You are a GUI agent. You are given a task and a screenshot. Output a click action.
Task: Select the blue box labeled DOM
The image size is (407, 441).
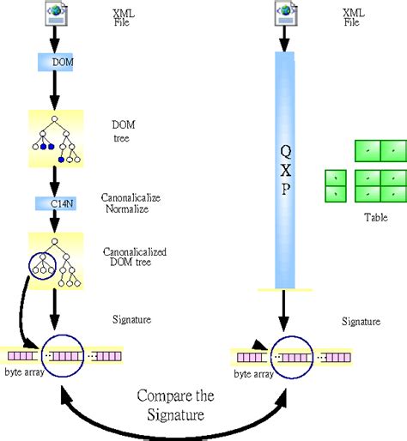58,63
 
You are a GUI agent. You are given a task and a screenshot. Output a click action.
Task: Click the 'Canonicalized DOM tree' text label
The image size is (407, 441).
138,257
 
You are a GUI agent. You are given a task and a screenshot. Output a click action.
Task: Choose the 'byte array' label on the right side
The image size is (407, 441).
254,374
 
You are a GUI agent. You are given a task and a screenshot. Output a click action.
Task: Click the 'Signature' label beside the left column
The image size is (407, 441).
132,319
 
